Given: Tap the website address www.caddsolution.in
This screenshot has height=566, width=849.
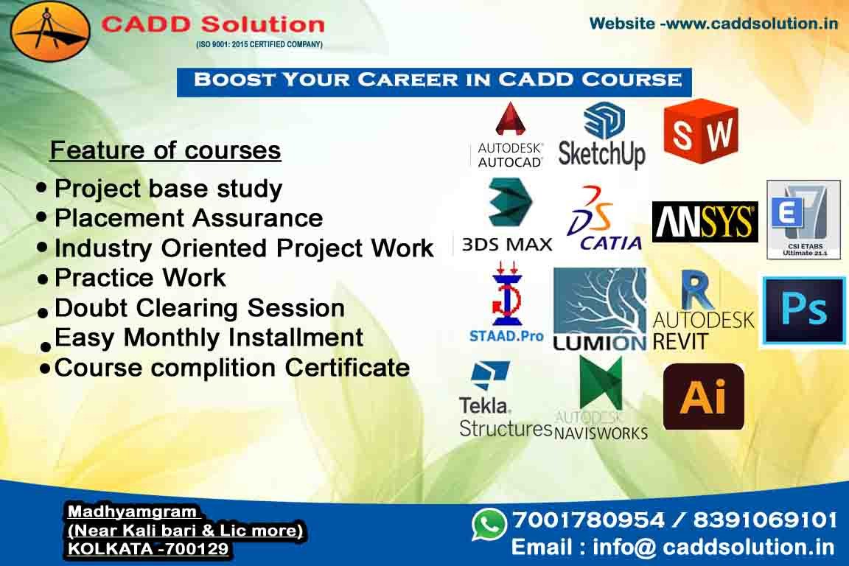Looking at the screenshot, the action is coord(752,24).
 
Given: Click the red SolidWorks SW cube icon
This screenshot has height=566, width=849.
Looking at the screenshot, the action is coord(701,131).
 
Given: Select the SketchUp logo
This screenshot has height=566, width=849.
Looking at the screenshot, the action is coord(602,136).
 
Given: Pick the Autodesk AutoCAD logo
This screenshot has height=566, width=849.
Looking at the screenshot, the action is coord(509,136).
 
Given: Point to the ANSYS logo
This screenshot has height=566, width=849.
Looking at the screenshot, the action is coord(705,222).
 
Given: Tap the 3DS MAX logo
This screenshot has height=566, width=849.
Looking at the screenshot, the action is coord(507,216).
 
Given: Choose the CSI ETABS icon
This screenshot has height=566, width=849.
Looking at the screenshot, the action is coord(803,220).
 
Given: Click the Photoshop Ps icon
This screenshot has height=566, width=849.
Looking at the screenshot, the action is coord(803,311).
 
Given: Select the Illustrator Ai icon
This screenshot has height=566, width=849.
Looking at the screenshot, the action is coord(703,396).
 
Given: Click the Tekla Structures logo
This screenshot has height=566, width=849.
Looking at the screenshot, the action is coord(505,399).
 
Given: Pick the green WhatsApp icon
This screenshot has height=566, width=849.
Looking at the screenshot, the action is coord(489,524).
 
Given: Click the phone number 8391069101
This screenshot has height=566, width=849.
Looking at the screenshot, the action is coord(765,520).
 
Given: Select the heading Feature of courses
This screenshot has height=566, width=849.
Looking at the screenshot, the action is coord(165,150).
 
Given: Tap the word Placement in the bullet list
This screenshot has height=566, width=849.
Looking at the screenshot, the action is coord(119,217).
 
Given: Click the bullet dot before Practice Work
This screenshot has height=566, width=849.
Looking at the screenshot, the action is coord(43,280).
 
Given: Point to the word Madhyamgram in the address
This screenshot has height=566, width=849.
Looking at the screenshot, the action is coord(132,511).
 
